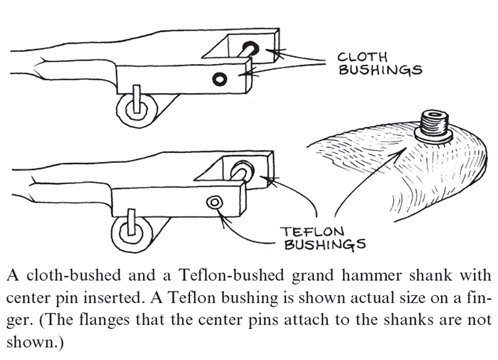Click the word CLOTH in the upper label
pyautogui.click(x=362, y=56)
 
